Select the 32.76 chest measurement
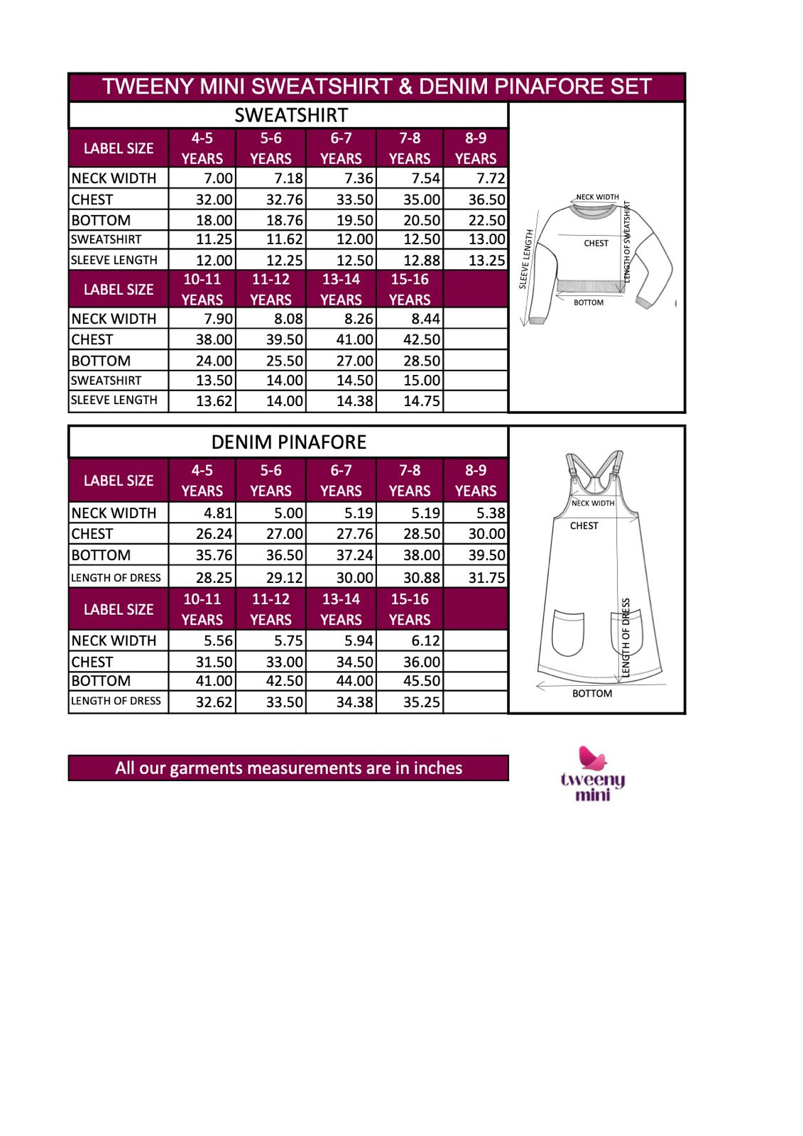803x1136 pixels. pyautogui.click(x=285, y=200)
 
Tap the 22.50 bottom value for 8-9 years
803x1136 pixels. pyautogui.click(x=486, y=220)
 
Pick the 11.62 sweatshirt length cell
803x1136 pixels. pyautogui.click(x=285, y=239)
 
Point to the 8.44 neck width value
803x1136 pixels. pyautogui.click(x=425, y=319)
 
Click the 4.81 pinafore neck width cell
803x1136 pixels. pyautogui.click(x=218, y=513)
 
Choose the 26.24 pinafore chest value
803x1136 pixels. pyautogui.click(x=214, y=534)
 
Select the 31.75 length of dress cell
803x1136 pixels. pyautogui.click(x=486, y=578)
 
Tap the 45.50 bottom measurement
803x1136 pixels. pyautogui.click(x=422, y=681)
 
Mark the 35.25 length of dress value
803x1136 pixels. pyautogui.click(x=422, y=702)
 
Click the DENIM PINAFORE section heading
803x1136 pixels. pyautogui.click(x=289, y=442)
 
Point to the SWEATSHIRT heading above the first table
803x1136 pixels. pyautogui.click(x=291, y=115)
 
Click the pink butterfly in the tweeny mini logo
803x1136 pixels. pyautogui.click(x=591, y=758)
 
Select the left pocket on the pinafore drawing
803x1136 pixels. pyautogui.click(x=568, y=633)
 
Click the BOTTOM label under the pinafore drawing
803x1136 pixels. pyautogui.click(x=591, y=694)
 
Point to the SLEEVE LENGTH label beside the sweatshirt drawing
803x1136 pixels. pyautogui.click(x=526, y=259)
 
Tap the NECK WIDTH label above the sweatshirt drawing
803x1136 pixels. pyautogui.click(x=597, y=197)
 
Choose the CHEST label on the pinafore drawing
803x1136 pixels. pyautogui.click(x=584, y=526)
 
